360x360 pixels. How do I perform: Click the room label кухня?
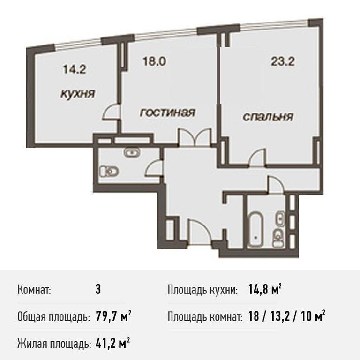[78, 94]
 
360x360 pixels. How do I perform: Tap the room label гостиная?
[168, 112]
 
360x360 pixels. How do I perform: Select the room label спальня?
[268, 117]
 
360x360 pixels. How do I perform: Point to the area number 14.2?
[75, 69]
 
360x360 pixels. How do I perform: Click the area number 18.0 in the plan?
[154, 61]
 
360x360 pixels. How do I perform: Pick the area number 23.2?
[283, 61]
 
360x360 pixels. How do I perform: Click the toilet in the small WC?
[109, 172]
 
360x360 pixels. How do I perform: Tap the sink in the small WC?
[132, 152]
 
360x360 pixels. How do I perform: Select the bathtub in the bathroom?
[255, 230]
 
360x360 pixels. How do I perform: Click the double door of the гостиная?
[195, 137]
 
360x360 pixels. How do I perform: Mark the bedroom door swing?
[258, 157]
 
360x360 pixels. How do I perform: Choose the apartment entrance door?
[199, 232]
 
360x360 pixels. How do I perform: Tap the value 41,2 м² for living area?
[112, 344]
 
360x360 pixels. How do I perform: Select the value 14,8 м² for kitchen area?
[265, 290]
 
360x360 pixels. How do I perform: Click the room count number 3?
[98, 290]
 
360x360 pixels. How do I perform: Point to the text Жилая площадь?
[53, 344]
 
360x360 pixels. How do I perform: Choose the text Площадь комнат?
[205, 317]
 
